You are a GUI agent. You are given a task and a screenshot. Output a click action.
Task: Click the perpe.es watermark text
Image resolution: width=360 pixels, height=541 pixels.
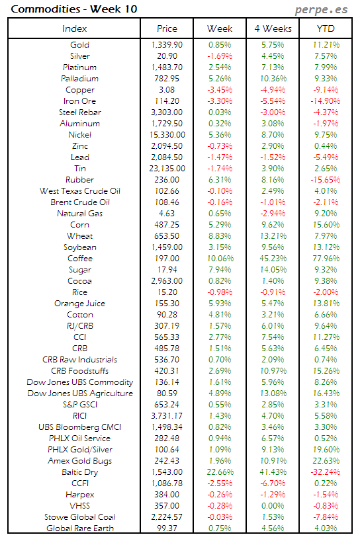[x=322, y=10]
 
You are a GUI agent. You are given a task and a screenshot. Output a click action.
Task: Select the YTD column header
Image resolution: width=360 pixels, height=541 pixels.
[x=325, y=28]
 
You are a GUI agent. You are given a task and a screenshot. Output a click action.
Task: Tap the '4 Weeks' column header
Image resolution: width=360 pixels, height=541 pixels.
[x=272, y=28]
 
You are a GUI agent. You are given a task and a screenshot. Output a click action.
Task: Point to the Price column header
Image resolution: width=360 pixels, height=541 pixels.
[x=167, y=28]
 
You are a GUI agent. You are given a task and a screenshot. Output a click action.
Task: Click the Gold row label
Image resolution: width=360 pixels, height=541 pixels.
[x=79, y=45]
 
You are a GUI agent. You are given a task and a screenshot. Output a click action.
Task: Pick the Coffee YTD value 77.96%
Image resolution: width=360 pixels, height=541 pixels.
[x=325, y=259]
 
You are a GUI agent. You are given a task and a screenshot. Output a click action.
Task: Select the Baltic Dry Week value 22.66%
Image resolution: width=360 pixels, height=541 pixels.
[x=220, y=472]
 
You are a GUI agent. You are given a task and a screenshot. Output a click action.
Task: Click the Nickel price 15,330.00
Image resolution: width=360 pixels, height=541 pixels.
[x=167, y=135]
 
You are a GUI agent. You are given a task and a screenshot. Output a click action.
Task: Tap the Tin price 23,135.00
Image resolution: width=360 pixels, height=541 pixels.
[x=167, y=169]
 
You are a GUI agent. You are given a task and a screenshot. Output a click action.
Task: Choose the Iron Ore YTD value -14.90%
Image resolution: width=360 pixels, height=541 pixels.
[x=325, y=101]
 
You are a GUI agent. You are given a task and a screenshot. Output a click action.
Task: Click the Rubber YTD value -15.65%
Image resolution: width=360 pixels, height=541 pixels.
[x=325, y=180]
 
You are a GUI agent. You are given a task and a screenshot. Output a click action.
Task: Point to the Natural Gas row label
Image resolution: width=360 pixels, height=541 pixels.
[x=79, y=214]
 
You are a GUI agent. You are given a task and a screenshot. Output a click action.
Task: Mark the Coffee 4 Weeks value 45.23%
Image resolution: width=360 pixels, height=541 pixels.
[x=272, y=259]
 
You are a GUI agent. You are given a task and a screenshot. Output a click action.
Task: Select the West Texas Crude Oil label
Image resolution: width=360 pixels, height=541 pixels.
[x=79, y=191]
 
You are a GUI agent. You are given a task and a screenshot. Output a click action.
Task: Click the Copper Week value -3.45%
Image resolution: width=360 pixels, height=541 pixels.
[x=220, y=90]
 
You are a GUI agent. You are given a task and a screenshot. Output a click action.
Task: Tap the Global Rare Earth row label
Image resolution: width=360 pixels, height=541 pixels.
[x=79, y=528]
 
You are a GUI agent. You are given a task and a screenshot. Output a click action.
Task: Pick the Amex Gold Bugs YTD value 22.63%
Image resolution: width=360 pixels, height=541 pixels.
[x=325, y=461]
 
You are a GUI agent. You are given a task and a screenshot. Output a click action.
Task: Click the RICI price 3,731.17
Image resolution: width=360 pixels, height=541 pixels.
[x=167, y=416]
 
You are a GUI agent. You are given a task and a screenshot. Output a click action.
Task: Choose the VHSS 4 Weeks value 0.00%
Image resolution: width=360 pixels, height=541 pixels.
[x=272, y=506]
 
